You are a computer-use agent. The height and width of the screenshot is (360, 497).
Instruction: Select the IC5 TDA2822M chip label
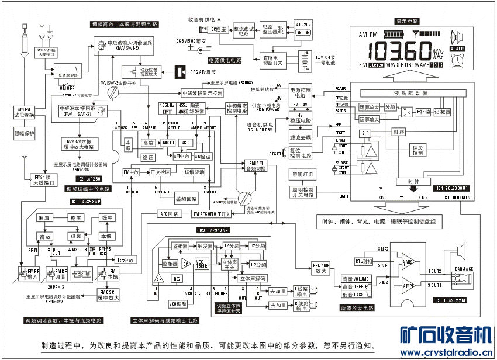[451, 300]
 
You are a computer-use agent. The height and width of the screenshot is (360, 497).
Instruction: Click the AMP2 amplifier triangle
[408, 262]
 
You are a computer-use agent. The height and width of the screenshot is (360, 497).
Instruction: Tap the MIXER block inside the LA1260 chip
[169, 143]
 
